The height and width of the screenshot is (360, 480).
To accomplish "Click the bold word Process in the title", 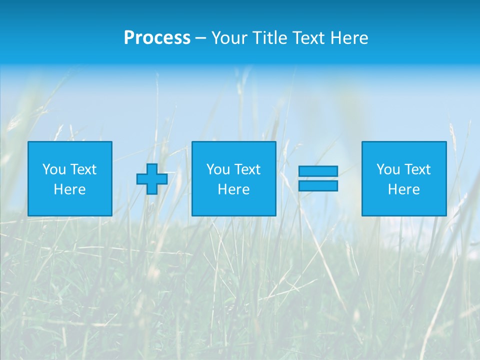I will point(157,38).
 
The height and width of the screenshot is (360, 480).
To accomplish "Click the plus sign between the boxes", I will point(152,178).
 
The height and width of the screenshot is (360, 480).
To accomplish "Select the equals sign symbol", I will point(318,178).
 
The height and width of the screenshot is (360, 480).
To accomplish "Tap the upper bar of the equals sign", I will point(318,171).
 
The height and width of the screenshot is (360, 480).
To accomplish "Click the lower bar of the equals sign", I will point(318,185).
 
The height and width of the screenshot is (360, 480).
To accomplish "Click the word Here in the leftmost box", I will point(70,189).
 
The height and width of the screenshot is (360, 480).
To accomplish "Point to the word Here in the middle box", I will point(233,189).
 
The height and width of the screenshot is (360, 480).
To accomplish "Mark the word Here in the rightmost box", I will point(404,189).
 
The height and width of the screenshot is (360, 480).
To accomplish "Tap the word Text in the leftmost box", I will point(84,169).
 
